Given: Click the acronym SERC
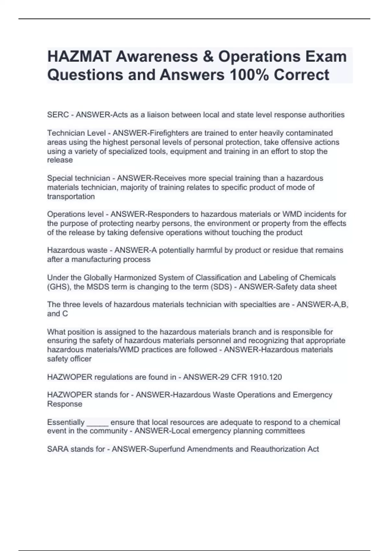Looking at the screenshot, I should tap(58, 115).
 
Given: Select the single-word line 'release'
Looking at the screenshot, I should tap(60, 160).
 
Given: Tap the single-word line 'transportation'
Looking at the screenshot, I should tap(71, 197).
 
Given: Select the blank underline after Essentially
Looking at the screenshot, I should tap(98, 423).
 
